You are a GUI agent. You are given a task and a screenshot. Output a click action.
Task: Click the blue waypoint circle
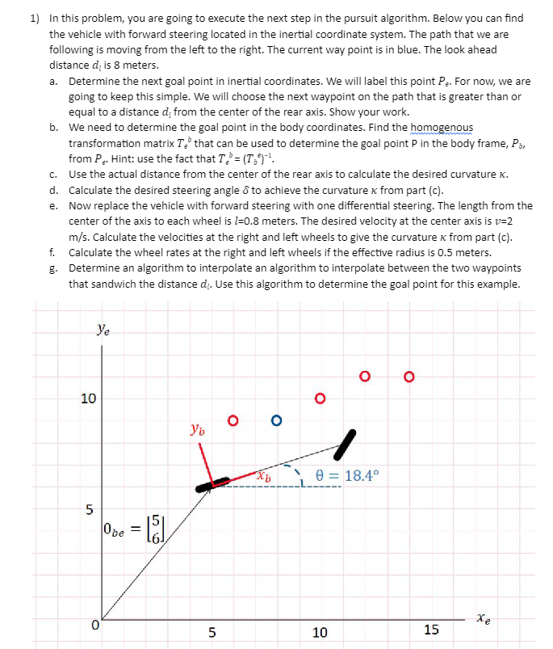(x=277, y=420)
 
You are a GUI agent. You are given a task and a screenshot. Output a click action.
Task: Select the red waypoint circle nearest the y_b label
(x=233, y=420)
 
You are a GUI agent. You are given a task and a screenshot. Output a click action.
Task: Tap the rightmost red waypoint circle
(x=409, y=353)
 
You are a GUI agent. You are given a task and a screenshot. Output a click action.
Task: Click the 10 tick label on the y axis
(x=89, y=398)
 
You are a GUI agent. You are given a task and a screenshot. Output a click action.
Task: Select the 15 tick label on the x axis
(x=432, y=631)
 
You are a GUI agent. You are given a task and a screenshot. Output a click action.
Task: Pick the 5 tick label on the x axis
(x=212, y=631)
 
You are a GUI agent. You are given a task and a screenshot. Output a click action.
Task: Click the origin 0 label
(x=94, y=624)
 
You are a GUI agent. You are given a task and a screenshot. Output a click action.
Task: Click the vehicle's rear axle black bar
(x=212, y=485)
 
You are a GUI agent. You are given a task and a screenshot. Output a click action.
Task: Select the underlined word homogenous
(x=442, y=128)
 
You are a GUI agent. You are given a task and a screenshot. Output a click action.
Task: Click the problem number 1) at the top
(x=36, y=18)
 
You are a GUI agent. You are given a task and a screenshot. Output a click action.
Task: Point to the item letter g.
(x=52, y=268)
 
